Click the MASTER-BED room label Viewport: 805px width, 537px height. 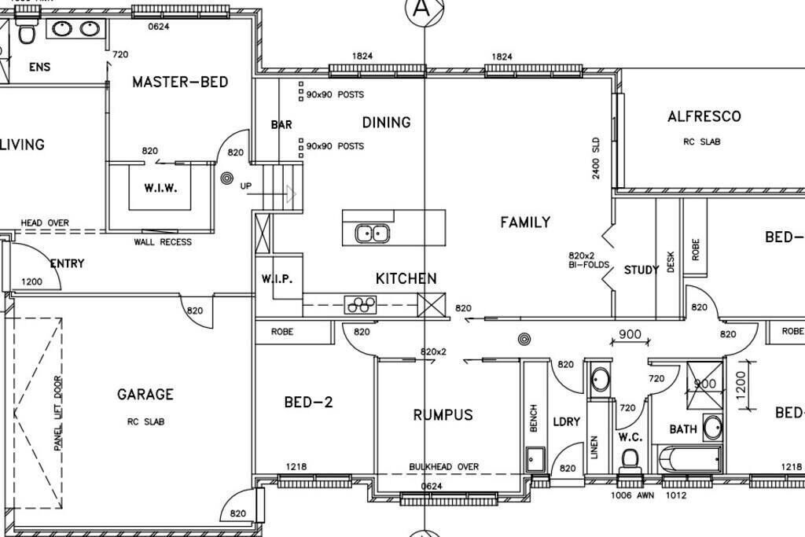(180, 82)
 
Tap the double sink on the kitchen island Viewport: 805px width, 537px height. (372, 233)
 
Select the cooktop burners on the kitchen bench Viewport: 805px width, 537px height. (361, 303)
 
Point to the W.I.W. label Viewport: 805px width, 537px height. (160, 189)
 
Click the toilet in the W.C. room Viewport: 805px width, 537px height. (630, 457)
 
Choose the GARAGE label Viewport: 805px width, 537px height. (145, 395)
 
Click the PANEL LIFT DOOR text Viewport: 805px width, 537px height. (57, 413)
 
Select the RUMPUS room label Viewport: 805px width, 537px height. (443, 415)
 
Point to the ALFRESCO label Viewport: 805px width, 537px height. (704, 116)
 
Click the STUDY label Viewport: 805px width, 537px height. (641, 270)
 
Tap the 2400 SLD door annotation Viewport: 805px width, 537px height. (596, 158)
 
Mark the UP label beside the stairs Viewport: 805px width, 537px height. (246, 186)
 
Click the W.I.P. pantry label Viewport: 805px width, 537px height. (276, 279)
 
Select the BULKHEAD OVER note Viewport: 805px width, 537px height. (443, 467)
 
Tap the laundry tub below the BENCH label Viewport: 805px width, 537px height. (535, 458)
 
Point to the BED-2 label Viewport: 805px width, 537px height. (308, 403)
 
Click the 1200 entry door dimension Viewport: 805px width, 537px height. (32, 281)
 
